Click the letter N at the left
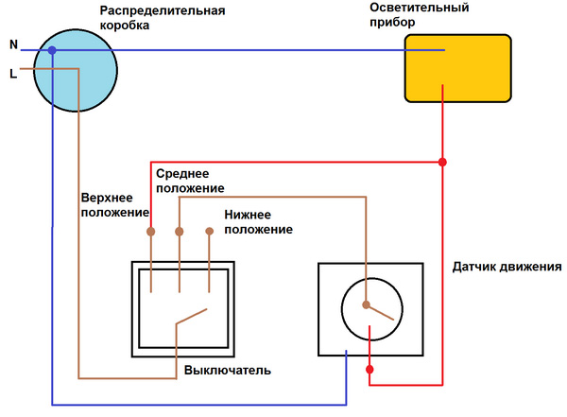(13, 44)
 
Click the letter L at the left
(13, 73)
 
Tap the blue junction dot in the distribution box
(53, 50)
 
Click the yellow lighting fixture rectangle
(457, 68)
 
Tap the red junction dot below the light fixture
(442, 164)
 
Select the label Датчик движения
(507, 267)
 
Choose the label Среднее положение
(190, 182)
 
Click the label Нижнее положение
(258, 222)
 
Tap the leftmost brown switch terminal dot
(150, 230)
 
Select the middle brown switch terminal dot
(179, 230)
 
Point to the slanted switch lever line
(191, 317)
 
